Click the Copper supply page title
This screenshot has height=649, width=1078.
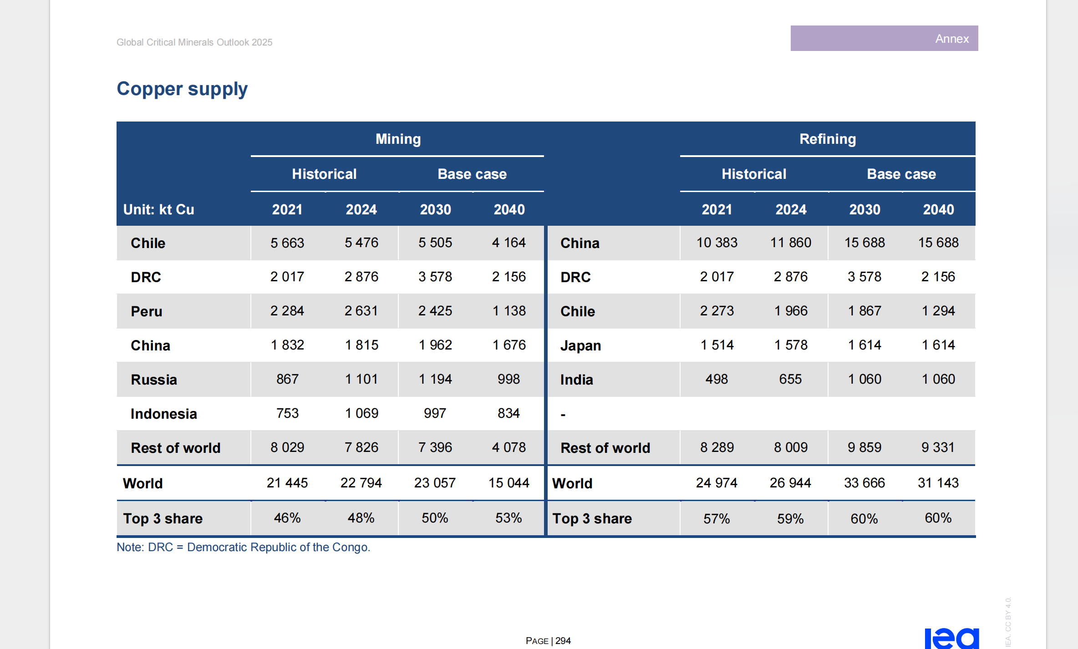(x=182, y=89)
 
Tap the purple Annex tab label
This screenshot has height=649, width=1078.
(x=951, y=39)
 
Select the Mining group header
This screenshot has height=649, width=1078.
(x=398, y=139)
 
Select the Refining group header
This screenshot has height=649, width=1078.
(x=827, y=139)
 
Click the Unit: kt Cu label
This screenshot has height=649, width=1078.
(x=158, y=209)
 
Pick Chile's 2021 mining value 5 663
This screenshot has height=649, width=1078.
(x=287, y=243)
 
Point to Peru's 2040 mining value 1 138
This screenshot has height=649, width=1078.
(x=508, y=311)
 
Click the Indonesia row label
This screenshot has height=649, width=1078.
(x=163, y=414)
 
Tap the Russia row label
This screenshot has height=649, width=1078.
(x=153, y=380)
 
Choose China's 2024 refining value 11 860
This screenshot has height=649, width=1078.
(x=790, y=243)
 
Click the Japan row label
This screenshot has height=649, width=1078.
(x=580, y=345)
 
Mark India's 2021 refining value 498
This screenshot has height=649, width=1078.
(x=717, y=379)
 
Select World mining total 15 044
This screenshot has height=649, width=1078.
(x=508, y=482)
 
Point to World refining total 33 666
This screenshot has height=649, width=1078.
(x=864, y=482)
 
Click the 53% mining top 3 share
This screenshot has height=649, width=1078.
(x=508, y=518)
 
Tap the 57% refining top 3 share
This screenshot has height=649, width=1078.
(x=717, y=518)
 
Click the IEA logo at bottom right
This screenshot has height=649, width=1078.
(x=951, y=638)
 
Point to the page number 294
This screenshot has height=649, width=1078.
(x=563, y=641)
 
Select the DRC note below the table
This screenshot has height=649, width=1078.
(x=243, y=547)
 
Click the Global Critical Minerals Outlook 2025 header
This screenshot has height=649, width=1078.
(x=194, y=42)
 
